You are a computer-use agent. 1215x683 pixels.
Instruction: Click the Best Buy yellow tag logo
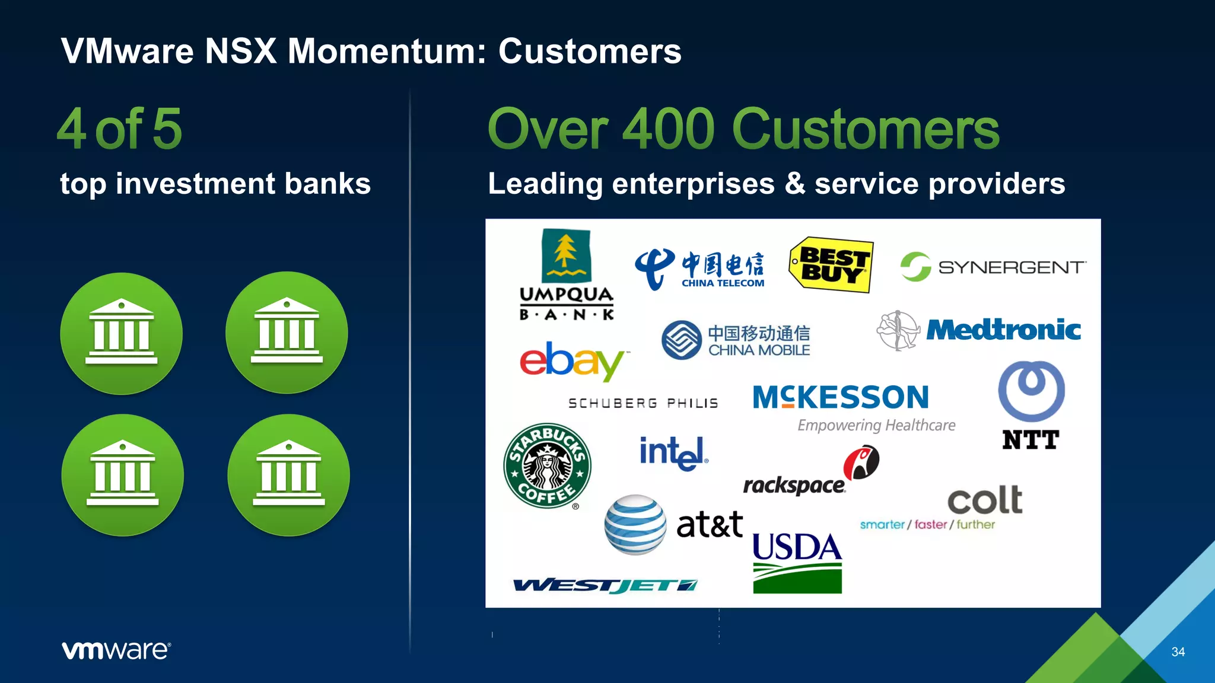point(831,265)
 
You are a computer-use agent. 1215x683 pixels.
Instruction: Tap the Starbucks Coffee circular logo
point(547,466)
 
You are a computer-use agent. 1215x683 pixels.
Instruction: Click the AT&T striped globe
point(635,525)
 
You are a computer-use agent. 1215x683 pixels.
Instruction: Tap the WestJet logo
point(605,586)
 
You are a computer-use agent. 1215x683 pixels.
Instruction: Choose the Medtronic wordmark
point(1003,330)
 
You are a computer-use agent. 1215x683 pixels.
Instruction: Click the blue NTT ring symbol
point(1031,391)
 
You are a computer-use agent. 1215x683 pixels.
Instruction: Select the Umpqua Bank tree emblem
point(566,256)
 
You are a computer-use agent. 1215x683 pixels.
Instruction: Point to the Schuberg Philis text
point(643,404)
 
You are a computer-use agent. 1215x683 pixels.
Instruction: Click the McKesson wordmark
point(841,398)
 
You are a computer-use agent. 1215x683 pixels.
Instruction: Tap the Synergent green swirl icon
point(915,267)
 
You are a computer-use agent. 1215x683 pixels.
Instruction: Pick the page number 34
point(1178,652)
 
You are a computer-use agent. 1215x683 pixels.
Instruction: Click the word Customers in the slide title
point(590,51)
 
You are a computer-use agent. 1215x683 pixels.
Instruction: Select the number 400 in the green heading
point(669,129)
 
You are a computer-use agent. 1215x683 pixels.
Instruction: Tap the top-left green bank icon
point(122,334)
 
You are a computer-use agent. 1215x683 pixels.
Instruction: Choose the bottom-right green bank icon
point(288,475)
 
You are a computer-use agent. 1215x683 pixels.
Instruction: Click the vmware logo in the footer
point(116,650)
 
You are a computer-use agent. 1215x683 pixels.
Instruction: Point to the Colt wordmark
point(985,500)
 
